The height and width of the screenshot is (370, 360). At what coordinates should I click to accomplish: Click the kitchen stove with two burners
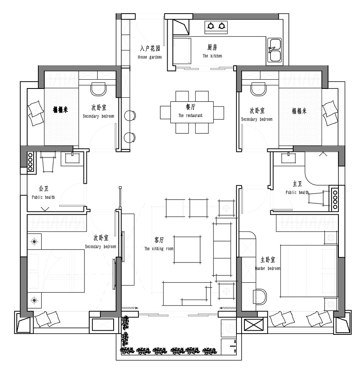216,26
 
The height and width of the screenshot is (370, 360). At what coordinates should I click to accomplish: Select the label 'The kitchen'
212,56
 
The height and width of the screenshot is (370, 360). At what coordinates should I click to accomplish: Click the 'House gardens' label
150,57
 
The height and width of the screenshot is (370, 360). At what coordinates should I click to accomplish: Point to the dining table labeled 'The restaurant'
192,112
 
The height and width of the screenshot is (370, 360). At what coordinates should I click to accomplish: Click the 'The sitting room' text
159,249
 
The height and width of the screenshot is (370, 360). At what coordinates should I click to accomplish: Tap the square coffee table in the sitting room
188,249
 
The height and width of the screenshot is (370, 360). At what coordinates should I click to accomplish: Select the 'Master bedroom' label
268,268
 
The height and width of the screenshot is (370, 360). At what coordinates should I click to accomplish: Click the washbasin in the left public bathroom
72,158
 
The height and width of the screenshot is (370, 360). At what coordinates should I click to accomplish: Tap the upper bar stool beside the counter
130,116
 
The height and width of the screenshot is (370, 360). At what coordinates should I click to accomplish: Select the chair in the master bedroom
260,296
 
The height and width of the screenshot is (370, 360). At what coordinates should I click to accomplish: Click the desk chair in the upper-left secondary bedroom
98,89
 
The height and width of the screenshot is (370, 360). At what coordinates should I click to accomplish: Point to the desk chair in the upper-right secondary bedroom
259,89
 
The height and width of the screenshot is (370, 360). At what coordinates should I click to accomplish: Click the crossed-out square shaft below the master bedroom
254,325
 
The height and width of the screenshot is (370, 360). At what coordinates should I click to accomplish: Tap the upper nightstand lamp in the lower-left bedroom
34,241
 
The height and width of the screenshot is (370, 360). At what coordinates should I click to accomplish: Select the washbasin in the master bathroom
288,158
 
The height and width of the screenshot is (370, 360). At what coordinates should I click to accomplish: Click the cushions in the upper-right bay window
330,113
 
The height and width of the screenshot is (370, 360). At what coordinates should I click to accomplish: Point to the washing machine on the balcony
228,328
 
